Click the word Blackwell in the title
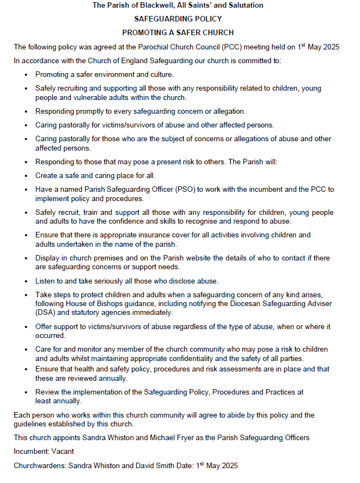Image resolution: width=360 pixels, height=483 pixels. point(157,5)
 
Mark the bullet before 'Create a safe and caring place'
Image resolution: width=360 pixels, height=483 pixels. point(26,176)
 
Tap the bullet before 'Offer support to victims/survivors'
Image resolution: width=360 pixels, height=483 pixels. point(26,327)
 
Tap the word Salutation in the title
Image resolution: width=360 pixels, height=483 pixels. point(244,5)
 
